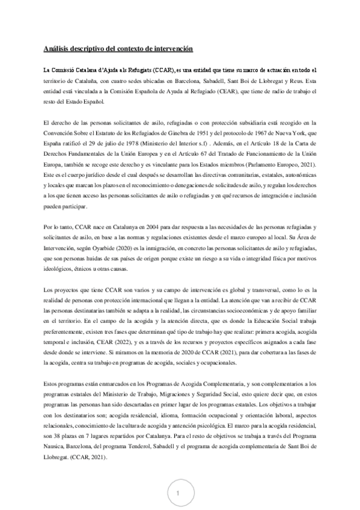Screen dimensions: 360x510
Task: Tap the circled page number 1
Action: click(x=178, y=493)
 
